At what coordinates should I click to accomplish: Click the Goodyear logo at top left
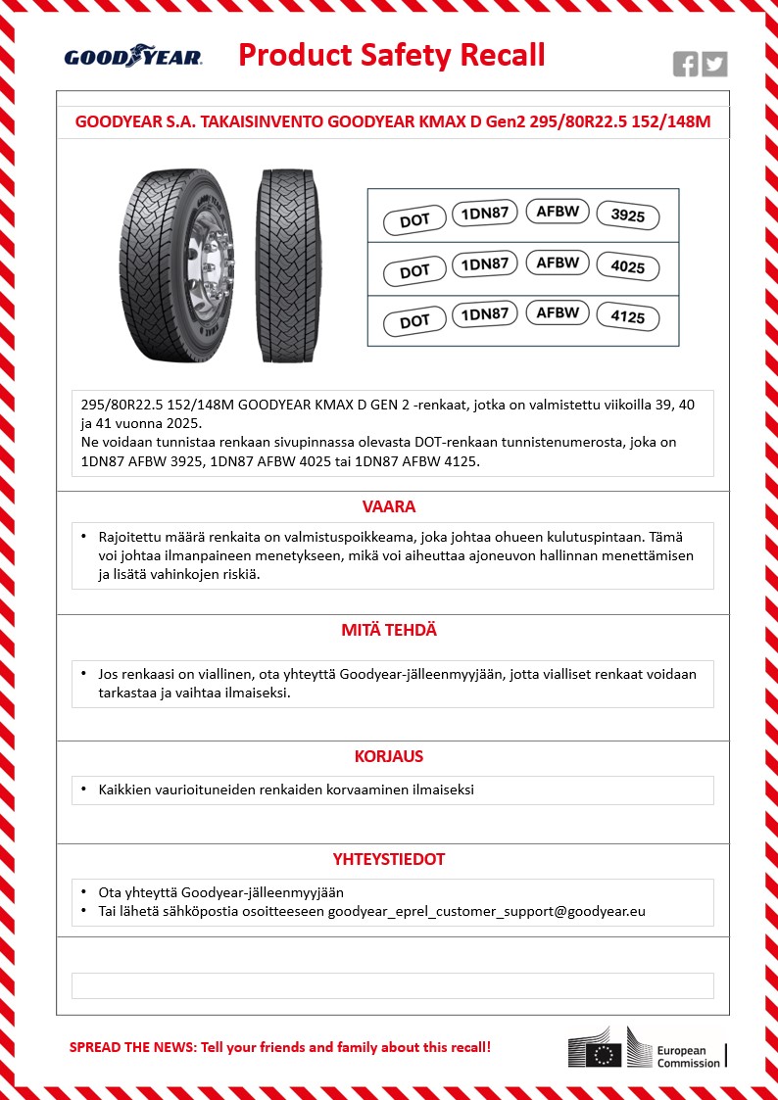pos(133,57)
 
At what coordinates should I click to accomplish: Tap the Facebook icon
pos(686,64)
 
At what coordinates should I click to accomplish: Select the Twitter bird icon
pos(714,64)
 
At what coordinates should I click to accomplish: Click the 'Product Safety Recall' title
pos(392,55)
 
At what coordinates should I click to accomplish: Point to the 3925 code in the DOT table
pos(627,215)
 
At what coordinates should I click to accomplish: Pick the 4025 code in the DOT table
pos(627,267)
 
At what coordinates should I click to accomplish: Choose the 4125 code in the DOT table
pos(627,318)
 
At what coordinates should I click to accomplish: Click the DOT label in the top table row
pos(414,220)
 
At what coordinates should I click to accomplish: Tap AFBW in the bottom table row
pos(558,313)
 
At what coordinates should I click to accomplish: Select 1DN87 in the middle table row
pos(484,263)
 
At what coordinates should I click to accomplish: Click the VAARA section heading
pos(390,507)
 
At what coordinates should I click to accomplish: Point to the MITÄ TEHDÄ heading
pos(390,631)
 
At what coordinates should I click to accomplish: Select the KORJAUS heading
pos(389,757)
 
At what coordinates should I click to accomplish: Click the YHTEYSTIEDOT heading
pos(389,859)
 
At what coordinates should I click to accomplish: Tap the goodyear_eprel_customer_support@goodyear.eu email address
pos(486,911)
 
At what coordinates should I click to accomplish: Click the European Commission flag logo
pos(604,1053)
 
